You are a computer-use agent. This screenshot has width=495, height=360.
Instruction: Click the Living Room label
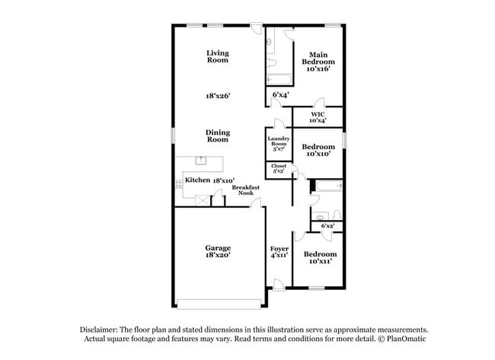pos(218,56)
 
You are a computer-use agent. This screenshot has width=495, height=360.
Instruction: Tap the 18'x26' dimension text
pos(218,96)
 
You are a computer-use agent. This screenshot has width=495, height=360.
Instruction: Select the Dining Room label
pos(218,135)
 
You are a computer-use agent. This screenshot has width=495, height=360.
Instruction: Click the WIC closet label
pos(318,116)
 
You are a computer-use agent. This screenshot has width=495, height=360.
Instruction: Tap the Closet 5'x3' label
pos(278,168)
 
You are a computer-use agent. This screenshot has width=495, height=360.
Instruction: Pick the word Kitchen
pos(197,180)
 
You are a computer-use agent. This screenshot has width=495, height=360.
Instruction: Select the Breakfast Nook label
pos(244,190)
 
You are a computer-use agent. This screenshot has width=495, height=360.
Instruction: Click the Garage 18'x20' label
pos(218,252)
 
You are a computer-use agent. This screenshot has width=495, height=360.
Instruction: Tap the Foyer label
pos(279,252)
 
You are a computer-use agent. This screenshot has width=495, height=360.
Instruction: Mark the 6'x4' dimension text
pos(280,96)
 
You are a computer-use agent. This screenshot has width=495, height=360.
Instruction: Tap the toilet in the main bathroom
pos(270,43)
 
